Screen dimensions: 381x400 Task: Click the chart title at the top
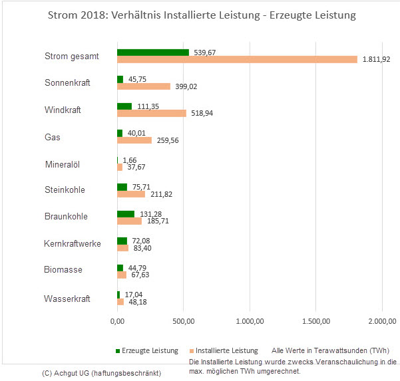[x=200, y=15]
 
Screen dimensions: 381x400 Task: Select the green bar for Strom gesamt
[x=153, y=52]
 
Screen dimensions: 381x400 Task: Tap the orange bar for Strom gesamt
[x=237, y=60]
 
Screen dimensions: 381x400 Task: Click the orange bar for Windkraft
[x=152, y=113]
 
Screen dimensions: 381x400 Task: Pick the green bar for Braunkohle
[x=126, y=213]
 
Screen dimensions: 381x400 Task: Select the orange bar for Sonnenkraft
[x=144, y=86]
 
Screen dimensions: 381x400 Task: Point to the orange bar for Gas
[x=134, y=140]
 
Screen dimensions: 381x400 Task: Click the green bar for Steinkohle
[x=122, y=187]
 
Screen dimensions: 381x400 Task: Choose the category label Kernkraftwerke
[x=72, y=243]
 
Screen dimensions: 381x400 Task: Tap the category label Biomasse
[x=63, y=270]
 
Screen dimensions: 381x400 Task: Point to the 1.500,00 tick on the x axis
[x=316, y=322]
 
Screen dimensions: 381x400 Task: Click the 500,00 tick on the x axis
[x=183, y=322]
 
